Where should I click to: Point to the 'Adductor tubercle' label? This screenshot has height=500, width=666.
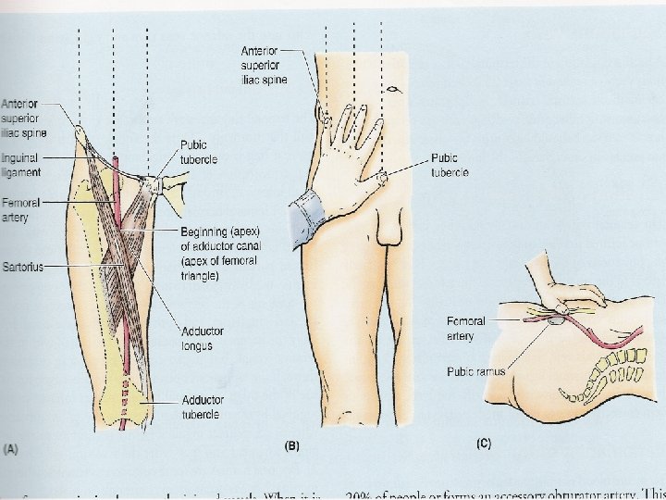tap(201, 407)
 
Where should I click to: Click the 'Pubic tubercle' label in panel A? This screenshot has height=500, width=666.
tap(200, 153)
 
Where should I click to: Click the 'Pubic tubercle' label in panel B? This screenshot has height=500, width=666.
tap(450, 166)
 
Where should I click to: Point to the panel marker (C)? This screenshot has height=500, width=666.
tap(482, 444)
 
